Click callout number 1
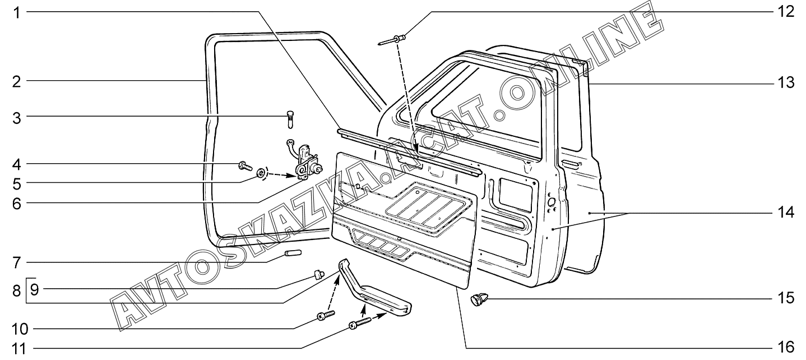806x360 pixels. point(17,12)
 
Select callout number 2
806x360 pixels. point(17,81)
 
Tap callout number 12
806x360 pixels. point(788,12)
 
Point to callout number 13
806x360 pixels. point(788,84)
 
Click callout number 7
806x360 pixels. point(17,262)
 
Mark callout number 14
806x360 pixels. point(788,213)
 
